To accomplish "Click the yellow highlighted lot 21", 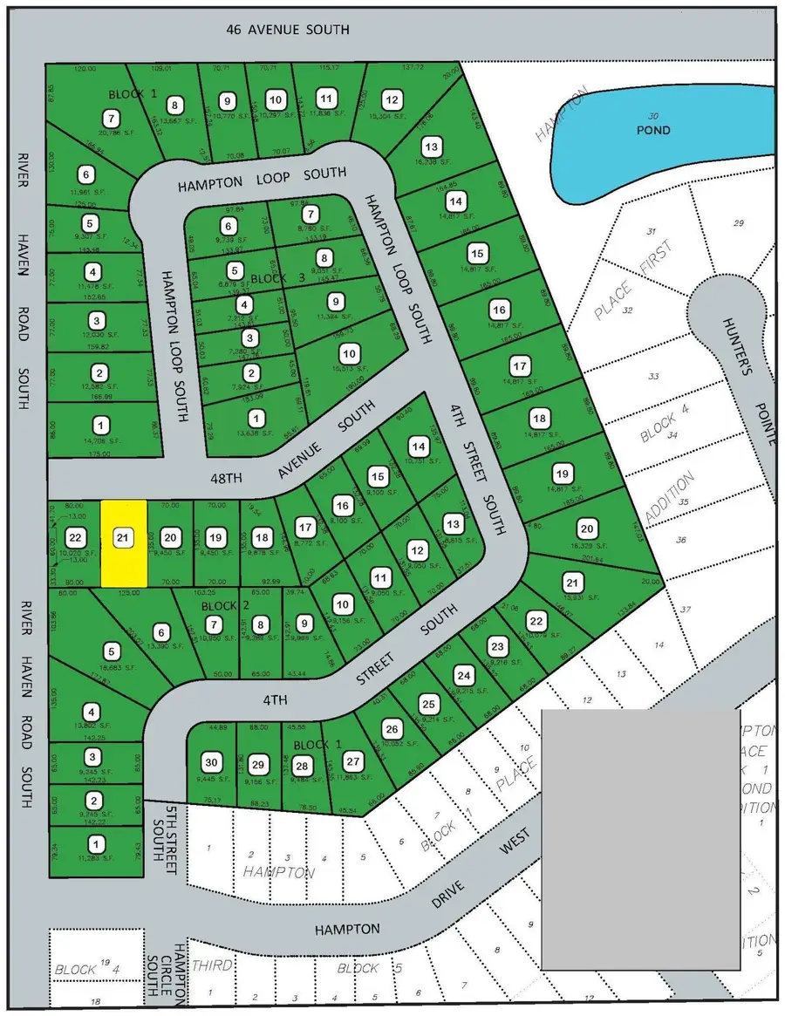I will [123, 542].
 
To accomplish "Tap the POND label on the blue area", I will [653, 130].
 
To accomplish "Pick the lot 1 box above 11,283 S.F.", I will [94, 844].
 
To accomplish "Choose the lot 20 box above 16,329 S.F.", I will [587, 528].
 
